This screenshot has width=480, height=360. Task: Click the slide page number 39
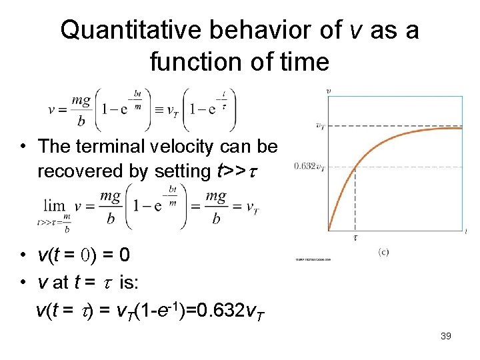[x=446, y=336]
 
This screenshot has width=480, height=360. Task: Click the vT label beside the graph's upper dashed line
[x=320, y=125]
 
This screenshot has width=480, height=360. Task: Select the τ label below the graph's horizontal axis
[x=355, y=237]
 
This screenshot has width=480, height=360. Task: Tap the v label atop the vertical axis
[x=328, y=89]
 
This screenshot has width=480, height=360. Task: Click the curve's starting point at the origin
[x=329, y=230]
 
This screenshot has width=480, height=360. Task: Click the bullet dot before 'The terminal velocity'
[x=23, y=146]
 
